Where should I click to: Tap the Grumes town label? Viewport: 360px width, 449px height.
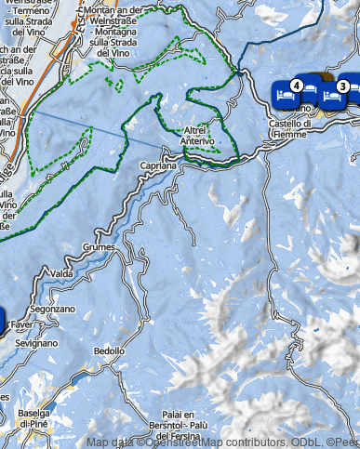(97, 248)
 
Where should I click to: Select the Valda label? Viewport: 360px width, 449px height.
(61, 274)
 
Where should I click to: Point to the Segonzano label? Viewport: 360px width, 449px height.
(47, 308)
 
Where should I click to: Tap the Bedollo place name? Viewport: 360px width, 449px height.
(109, 351)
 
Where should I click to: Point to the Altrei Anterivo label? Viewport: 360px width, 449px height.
(200, 136)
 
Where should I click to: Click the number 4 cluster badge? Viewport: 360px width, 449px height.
(295, 86)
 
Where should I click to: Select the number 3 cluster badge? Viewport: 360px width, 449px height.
(342, 86)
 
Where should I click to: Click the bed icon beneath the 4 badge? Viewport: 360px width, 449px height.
(287, 95)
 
